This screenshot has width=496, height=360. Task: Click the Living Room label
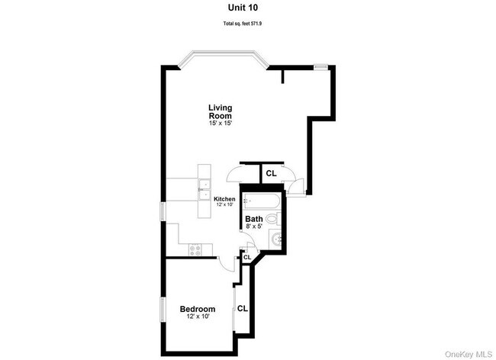[221, 111]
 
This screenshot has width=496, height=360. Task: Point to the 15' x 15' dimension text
[221, 123]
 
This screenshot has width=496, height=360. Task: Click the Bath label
[254, 220]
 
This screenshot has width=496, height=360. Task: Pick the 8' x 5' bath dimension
[254, 227]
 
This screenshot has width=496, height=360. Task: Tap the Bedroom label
[197, 309]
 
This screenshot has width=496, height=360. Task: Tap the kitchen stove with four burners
[196, 249]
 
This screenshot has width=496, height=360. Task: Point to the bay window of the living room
[223, 58]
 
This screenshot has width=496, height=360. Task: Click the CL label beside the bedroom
[243, 309]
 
